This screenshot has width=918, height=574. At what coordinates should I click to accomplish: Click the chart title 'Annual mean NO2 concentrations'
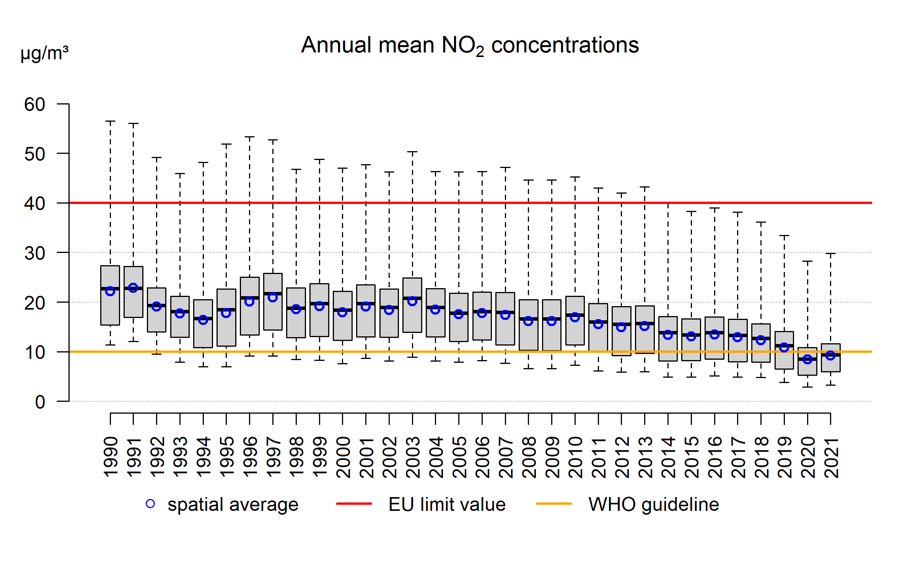click(470, 45)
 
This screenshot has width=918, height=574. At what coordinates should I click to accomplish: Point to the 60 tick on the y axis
click(35, 104)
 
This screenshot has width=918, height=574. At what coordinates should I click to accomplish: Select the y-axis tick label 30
click(35, 253)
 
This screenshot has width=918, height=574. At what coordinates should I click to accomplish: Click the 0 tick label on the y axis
click(40, 402)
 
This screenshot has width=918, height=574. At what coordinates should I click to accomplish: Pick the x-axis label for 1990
click(111, 457)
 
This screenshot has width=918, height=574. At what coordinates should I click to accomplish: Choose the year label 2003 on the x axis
click(413, 457)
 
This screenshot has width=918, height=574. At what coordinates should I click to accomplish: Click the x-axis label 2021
click(831, 458)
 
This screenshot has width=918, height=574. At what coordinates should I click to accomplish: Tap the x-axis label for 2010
click(575, 457)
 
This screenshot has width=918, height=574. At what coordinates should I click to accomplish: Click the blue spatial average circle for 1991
click(133, 288)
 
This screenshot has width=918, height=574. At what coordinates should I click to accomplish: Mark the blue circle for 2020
click(807, 359)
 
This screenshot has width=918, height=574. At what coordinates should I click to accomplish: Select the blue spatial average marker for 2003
click(412, 301)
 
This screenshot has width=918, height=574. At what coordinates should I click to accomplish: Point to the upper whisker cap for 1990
click(110, 121)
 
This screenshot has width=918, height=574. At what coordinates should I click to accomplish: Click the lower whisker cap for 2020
click(807, 387)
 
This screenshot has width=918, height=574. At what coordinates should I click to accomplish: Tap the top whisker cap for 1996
click(249, 137)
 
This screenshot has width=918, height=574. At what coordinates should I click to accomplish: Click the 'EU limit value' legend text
click(447, 504)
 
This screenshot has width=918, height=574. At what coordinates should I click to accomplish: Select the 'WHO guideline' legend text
click(654, 504)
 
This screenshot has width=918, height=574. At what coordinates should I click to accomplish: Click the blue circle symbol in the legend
click(150, 504)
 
